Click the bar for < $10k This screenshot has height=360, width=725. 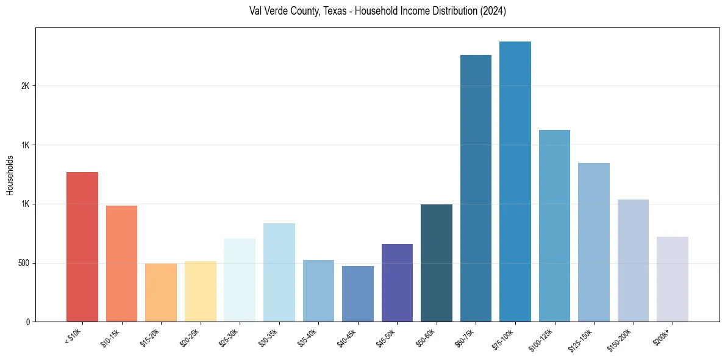[82, 247]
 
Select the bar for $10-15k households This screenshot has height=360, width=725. [121, 264]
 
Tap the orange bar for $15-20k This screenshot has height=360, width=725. [161, 292]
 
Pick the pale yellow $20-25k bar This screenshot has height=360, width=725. [201, 291]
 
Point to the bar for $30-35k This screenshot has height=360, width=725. [279, 272]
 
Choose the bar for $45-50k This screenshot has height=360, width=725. [397, 283]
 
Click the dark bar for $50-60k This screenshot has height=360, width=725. [437, 263]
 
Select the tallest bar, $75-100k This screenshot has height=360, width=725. [515, 181]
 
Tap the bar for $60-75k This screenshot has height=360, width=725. [476, 188]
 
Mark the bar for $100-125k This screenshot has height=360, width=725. [554, 226]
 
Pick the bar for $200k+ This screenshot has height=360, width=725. [673, 279]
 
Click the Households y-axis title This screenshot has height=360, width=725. [10, 175]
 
